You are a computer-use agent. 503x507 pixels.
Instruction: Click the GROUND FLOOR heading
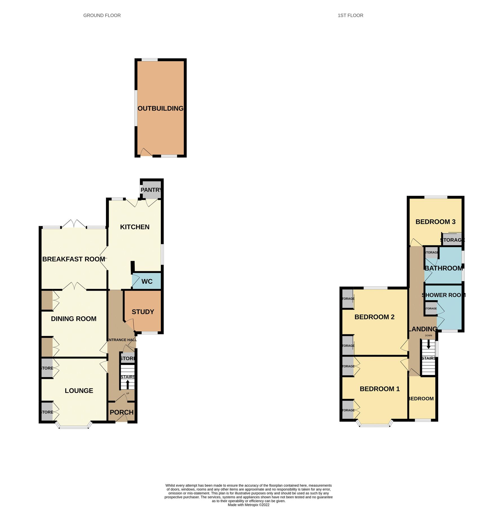102,15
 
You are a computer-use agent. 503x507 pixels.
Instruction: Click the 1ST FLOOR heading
350,15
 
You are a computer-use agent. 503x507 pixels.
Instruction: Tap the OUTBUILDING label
160,108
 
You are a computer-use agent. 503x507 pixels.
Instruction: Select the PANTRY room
152,190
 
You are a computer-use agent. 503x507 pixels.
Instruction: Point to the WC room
147,281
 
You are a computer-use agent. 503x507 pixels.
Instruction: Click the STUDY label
143,312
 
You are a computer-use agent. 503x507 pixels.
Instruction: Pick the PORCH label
121,412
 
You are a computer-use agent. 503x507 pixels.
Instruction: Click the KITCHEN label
135,227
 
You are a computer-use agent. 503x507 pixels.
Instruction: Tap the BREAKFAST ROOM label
74,259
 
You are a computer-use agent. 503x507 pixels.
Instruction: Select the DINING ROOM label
74,319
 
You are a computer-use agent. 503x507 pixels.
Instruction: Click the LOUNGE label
79,391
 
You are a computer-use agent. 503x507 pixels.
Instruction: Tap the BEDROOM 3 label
435,222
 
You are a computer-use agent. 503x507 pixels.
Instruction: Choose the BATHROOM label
444,268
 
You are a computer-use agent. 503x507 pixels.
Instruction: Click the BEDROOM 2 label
374,317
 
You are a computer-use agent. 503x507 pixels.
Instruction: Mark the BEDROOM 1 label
380,389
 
